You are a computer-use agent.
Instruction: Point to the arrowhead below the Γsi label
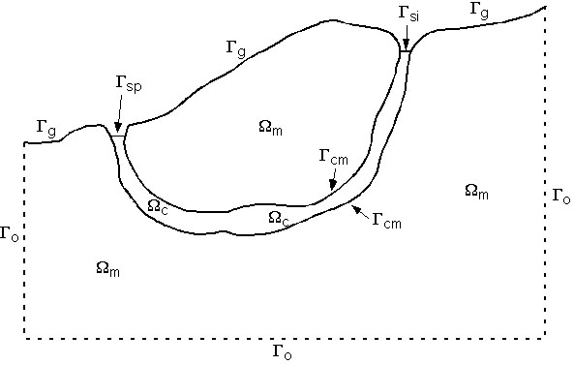pos(407,48)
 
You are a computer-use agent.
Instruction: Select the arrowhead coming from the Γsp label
pos(118,129)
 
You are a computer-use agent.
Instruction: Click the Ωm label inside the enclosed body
pos(271,128)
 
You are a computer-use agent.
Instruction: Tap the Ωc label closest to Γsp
pos(158,205)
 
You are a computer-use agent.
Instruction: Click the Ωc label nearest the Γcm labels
pos(279,219)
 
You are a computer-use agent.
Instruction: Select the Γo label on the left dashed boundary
pos(10,233)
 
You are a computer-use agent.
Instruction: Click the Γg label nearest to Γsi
pos(477,9)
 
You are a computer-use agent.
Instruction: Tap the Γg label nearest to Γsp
pos(45,125)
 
